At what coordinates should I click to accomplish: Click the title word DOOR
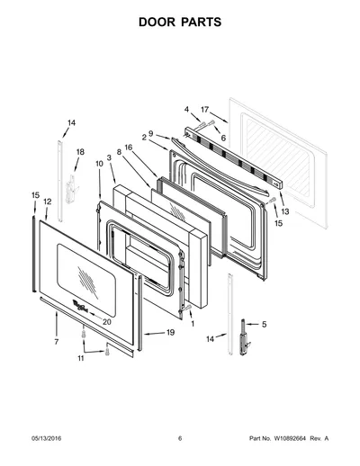click(157, 22)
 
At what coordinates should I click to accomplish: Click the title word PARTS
click(202, 22)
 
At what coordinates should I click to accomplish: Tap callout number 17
click(204, 110)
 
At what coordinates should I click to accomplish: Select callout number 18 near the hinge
click(80, 152)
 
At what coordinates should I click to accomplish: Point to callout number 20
click(107, 322)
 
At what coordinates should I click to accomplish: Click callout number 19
click(170, 333)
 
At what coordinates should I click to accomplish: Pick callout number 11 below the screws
click(81, 358)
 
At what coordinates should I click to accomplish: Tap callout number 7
click(57, 342)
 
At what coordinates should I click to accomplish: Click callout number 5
click(264, 324)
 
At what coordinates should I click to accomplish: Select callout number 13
click(285, 211)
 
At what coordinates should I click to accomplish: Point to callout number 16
click(129, 148)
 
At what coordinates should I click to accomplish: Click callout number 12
click(48, 202)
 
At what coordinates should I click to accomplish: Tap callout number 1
click(193, 324)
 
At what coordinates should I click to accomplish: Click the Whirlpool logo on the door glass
click(80, 307)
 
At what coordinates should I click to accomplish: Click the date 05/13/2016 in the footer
click(46, 438)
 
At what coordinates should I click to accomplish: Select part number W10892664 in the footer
click(290, 438)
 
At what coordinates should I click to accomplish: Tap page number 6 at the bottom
click(180, 438)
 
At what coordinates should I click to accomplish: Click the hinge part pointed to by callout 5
click(245, 337)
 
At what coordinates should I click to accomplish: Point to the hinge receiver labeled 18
click(71, 189)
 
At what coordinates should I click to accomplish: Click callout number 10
click(99, 164)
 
